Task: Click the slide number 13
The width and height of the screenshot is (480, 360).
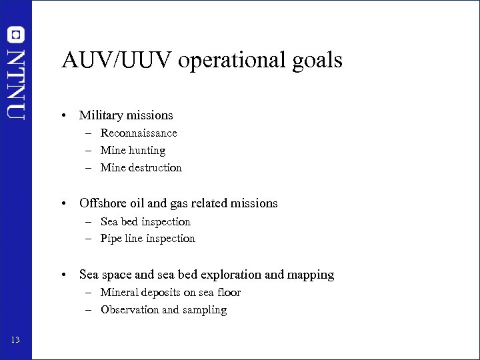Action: point(15,341)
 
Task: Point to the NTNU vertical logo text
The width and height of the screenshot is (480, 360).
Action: point(15,83)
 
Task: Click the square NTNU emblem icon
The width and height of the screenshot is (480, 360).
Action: point(15,34)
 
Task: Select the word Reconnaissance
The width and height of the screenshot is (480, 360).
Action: point(139,133)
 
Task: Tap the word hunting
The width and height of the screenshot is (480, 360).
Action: point(148,151)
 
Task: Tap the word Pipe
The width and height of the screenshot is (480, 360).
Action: point(111,239)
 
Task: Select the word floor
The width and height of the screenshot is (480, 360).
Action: point(227,293)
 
